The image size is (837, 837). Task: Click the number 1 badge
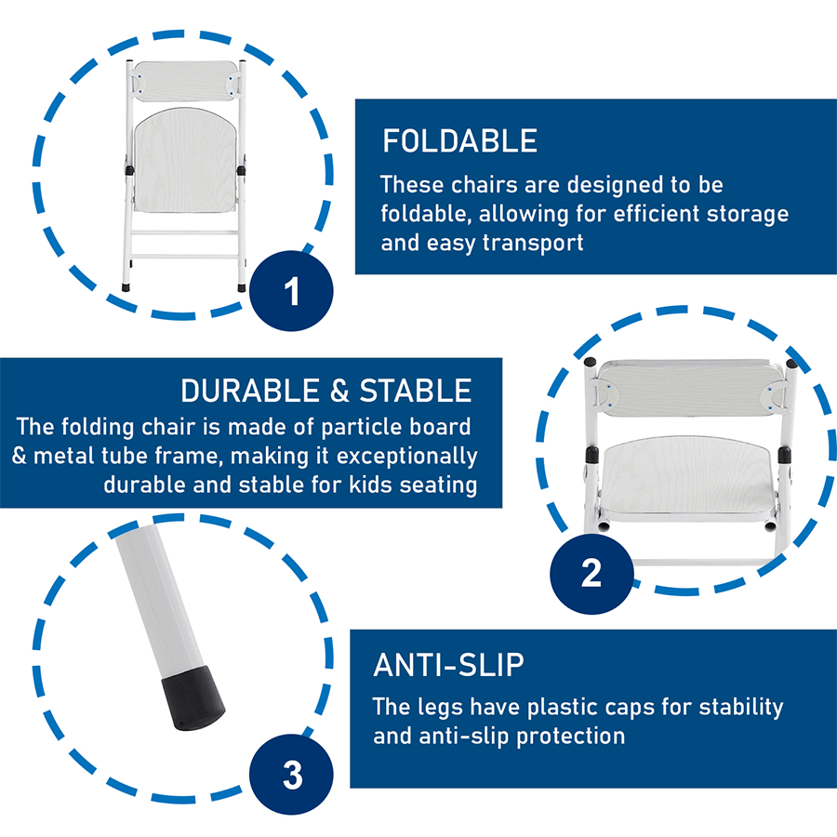click(x=291, y=291)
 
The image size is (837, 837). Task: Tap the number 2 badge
click(x=591, y=573)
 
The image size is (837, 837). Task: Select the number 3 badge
click(x=291, y=775)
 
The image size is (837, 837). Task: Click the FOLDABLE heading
click(x=459, y=141)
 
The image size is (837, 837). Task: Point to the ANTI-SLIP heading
click(x=448, y=665)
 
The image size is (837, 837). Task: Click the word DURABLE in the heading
click(x=251, y=391)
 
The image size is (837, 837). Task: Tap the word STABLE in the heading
click(x=416, y=391)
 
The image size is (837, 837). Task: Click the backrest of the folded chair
click(x=185, y=81)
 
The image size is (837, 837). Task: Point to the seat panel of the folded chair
click(x=185, y=160)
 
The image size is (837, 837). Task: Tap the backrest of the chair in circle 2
click(x=691, y=388)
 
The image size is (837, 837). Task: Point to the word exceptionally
click(x=406, y=457)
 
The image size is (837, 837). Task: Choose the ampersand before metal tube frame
click(x=19, y=456)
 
